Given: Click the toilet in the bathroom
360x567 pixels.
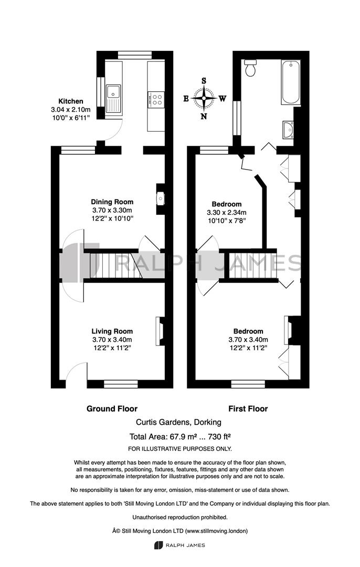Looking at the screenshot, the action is (x=250, y=68).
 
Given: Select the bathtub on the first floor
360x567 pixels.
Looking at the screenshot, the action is (x=291, y=82).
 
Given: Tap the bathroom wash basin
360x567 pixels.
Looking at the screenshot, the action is (x=289, y=130).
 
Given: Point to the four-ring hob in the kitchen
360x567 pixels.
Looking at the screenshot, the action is (x=156, y=99).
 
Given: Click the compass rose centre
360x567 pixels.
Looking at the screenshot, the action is (x=204, y=98).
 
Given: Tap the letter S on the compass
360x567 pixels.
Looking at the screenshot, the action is (x=204, y=81).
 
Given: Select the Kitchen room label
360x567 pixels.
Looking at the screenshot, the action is (x=71, y=101).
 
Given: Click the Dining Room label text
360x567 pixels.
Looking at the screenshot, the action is (x=112, y=202).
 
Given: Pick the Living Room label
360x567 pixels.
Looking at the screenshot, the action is (x=112, y=331).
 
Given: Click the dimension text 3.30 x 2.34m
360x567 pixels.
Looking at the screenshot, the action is (x=227, y=212).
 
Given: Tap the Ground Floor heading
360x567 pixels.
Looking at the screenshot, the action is (x=112, y=408).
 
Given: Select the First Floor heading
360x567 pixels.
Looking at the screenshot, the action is (x=248, y=408).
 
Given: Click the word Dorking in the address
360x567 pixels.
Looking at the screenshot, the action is (x=208, y=422).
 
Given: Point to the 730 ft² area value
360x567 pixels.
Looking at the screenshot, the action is (x=219, y=436).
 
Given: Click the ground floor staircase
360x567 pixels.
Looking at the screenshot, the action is (x=115, y=266).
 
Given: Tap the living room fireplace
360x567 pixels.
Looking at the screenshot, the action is (x=160, y=331).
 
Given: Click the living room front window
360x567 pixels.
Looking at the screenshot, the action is (x=121, y=384).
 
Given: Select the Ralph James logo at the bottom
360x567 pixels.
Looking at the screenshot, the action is (x=179, y=545).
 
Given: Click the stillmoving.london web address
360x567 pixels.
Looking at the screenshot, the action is (x=216, y=531).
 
